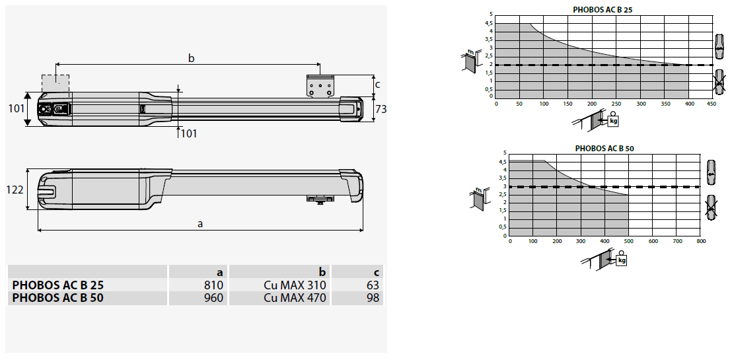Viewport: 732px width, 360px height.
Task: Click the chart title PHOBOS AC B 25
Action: (603, 9)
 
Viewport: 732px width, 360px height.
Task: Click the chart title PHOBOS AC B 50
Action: (604, 149)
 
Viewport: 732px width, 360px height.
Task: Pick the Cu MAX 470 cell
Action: (295, 297)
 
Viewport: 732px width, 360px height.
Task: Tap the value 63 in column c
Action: (373, 285)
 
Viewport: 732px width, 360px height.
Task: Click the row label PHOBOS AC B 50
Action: (58, 297)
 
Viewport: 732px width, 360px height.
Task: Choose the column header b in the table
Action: (322, 272)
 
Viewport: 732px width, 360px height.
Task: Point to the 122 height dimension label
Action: (15, 190)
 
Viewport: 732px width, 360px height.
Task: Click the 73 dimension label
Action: (381, 109)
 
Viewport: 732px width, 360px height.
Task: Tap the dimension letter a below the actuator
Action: (200, 224)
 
